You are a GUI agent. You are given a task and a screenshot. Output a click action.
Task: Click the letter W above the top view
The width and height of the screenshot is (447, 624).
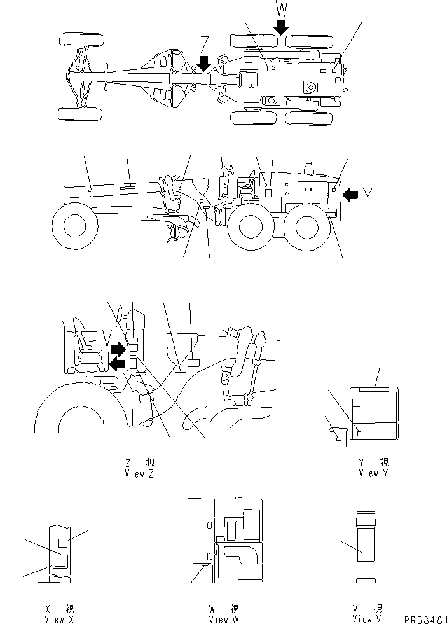coord(280,9)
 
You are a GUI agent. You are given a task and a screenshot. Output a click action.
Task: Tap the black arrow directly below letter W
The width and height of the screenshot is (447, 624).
coord(280,27)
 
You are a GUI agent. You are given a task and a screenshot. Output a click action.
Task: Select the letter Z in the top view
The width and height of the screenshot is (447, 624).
coord(204,45)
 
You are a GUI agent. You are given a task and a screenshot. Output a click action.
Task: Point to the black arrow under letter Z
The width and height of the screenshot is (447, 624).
coord(204,63)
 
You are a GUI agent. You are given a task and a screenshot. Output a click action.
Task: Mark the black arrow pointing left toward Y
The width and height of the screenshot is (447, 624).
coord(349,195)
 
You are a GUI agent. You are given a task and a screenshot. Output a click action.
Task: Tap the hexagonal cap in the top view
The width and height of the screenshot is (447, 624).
coord(311,87)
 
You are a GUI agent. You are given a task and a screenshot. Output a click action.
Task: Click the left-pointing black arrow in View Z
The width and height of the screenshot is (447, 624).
coord(118,363)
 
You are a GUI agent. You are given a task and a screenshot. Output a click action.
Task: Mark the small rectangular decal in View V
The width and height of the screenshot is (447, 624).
coord(366,555)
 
